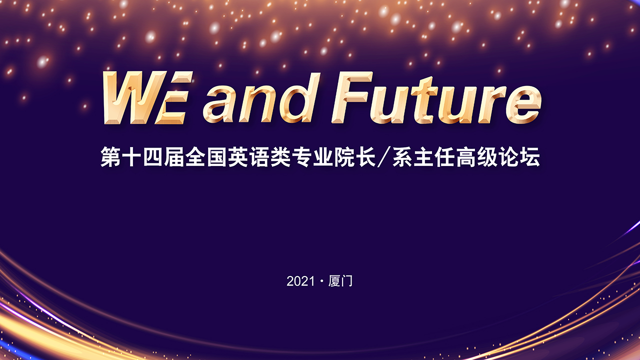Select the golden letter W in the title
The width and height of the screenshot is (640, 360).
tap(134, 97)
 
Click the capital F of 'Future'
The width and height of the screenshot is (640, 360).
tap(352, 97)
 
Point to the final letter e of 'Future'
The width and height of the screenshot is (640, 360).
tap(523, 104)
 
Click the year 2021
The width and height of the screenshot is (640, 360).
tap(300, 281)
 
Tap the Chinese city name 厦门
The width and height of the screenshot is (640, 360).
tap(340, 281)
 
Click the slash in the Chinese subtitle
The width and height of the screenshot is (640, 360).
tap(384, 157)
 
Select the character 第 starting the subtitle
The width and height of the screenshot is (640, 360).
tap(110, 156)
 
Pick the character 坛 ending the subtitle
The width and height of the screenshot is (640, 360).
tap(530, 156)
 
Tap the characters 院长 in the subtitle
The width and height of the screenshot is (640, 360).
tap(355, 156)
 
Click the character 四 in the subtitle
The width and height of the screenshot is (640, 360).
tap(153, 156)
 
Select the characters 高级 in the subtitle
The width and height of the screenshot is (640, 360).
tap(477, 156)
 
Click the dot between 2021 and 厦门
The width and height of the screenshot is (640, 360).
tap(321, 281)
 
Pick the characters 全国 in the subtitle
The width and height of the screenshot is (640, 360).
tap(206, 156)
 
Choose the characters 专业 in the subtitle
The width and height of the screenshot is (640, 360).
tap(312, 156)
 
